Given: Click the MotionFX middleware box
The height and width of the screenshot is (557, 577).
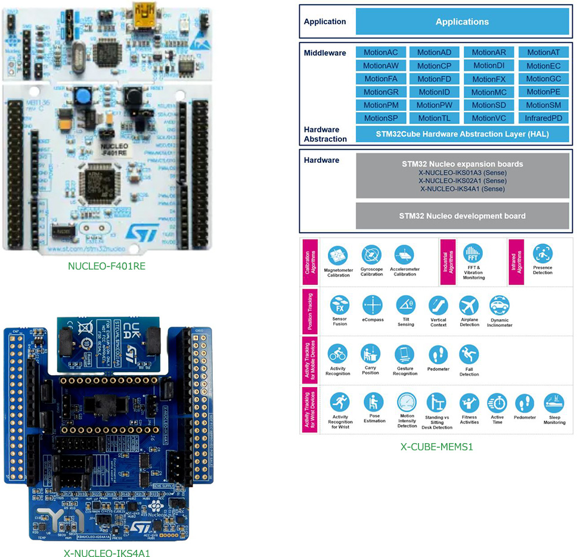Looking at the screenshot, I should (489, 79).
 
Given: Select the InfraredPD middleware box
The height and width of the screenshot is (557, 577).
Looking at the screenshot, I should (543, 118).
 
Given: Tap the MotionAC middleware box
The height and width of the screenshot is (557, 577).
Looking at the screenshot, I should (380, 52).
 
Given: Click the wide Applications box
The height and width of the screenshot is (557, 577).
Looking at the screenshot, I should (462, 21).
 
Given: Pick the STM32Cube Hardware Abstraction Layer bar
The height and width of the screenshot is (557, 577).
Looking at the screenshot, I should (462, 134).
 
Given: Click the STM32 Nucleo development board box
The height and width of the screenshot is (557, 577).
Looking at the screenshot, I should (462, 216).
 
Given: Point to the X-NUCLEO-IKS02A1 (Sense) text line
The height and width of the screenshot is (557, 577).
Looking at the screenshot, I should (462, 180).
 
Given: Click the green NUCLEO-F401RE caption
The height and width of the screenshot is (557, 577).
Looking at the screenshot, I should (107, 266).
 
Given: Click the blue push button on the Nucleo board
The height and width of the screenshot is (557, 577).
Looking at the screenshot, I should (80, 96).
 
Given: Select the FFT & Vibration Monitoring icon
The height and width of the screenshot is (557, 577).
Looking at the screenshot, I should (473, 253).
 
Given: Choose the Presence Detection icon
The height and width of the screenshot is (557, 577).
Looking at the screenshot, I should (542, 253).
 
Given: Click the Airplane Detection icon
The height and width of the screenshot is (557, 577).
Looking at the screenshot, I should (469, 305).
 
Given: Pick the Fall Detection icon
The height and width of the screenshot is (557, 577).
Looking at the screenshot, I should (469, 355).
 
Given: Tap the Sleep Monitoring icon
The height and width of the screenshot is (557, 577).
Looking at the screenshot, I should (554, 403).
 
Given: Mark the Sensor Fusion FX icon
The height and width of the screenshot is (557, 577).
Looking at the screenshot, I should (339, 305).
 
